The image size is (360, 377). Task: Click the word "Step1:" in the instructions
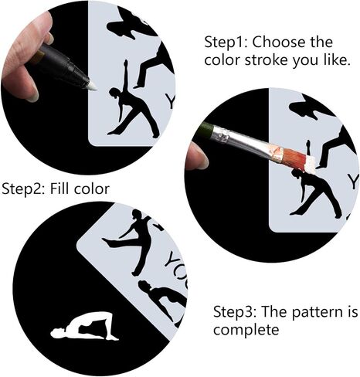coord(226,42)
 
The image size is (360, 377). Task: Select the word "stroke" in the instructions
coord(266,60)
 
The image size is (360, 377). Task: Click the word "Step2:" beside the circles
coord(23,188)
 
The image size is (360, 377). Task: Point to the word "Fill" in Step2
coord(59,188)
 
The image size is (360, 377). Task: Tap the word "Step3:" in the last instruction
coord(235,311)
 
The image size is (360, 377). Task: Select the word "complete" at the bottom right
coord(246,329)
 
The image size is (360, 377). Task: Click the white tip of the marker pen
coord(92,85)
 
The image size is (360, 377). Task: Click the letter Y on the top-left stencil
coord(170,101)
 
